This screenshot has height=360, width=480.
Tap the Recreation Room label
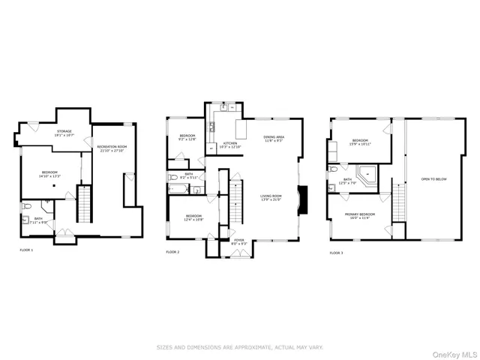(112, 148)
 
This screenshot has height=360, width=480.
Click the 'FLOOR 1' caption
(26, 249)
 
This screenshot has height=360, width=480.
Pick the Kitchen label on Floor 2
(230, 143)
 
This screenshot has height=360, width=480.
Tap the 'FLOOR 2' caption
(173, 253)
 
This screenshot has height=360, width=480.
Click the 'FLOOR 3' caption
(337, 253)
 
